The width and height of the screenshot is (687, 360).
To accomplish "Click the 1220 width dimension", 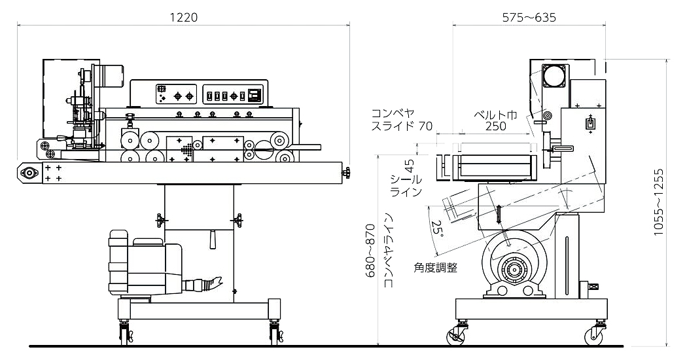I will coord(183,18).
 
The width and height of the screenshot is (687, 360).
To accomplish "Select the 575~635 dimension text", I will coord(529,18).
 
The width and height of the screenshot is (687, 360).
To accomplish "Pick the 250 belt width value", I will coord(495,126).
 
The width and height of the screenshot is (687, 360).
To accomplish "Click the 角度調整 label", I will coord(435,267).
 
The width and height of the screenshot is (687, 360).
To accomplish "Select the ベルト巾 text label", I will coord(495,114).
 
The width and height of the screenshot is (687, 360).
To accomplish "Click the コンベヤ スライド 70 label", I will coord(400,119).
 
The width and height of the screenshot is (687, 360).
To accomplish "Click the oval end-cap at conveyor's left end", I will coord(29,173).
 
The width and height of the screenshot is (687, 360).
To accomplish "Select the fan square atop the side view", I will coord(556,75).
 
